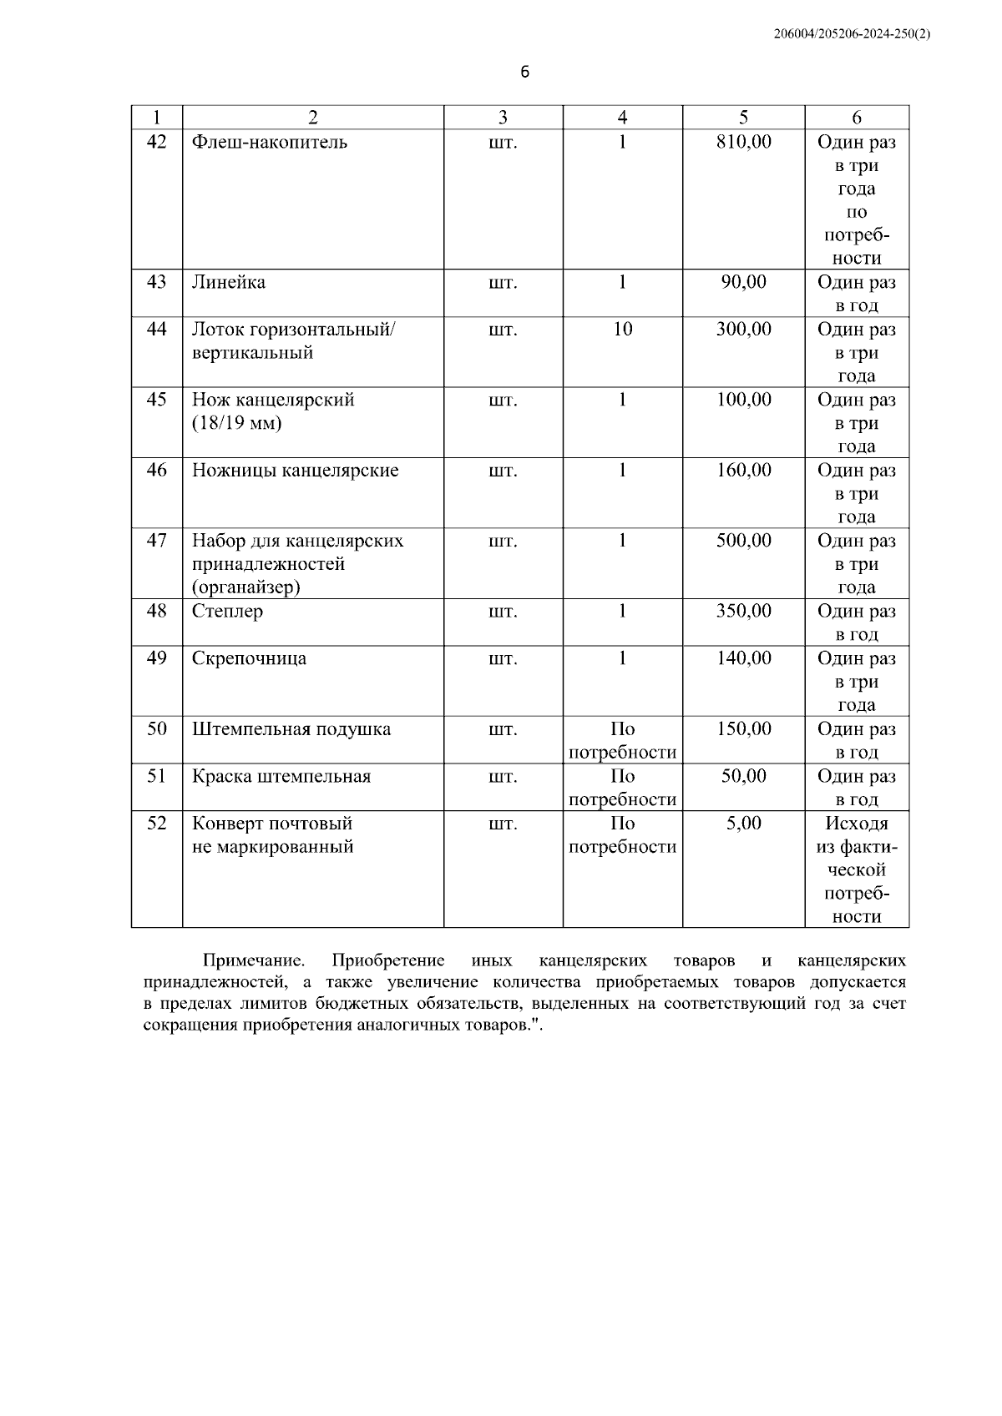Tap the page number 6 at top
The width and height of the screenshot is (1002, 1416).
524,73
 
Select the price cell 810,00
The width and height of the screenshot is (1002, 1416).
743,142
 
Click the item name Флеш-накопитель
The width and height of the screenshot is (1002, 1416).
270,142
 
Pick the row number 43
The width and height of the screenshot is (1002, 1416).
156,282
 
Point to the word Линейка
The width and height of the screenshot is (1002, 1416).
229,282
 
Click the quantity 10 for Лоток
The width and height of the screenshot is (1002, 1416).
622,330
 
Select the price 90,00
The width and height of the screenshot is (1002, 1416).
743,282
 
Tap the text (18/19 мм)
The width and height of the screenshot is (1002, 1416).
237,423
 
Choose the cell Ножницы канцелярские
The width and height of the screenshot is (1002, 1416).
296,471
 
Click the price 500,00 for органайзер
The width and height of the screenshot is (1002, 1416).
743,541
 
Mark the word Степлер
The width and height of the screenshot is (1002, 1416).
227,612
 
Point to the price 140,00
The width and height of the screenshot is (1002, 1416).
743,658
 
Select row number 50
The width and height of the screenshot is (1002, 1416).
156,729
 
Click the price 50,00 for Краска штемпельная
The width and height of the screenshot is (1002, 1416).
743,777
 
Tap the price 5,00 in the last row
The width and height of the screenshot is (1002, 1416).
743,824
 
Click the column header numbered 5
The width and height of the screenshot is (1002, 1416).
743,118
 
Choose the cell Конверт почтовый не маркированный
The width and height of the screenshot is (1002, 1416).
273,835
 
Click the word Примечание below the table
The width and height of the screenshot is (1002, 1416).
253,960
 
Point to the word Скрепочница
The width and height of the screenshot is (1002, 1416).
249,658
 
